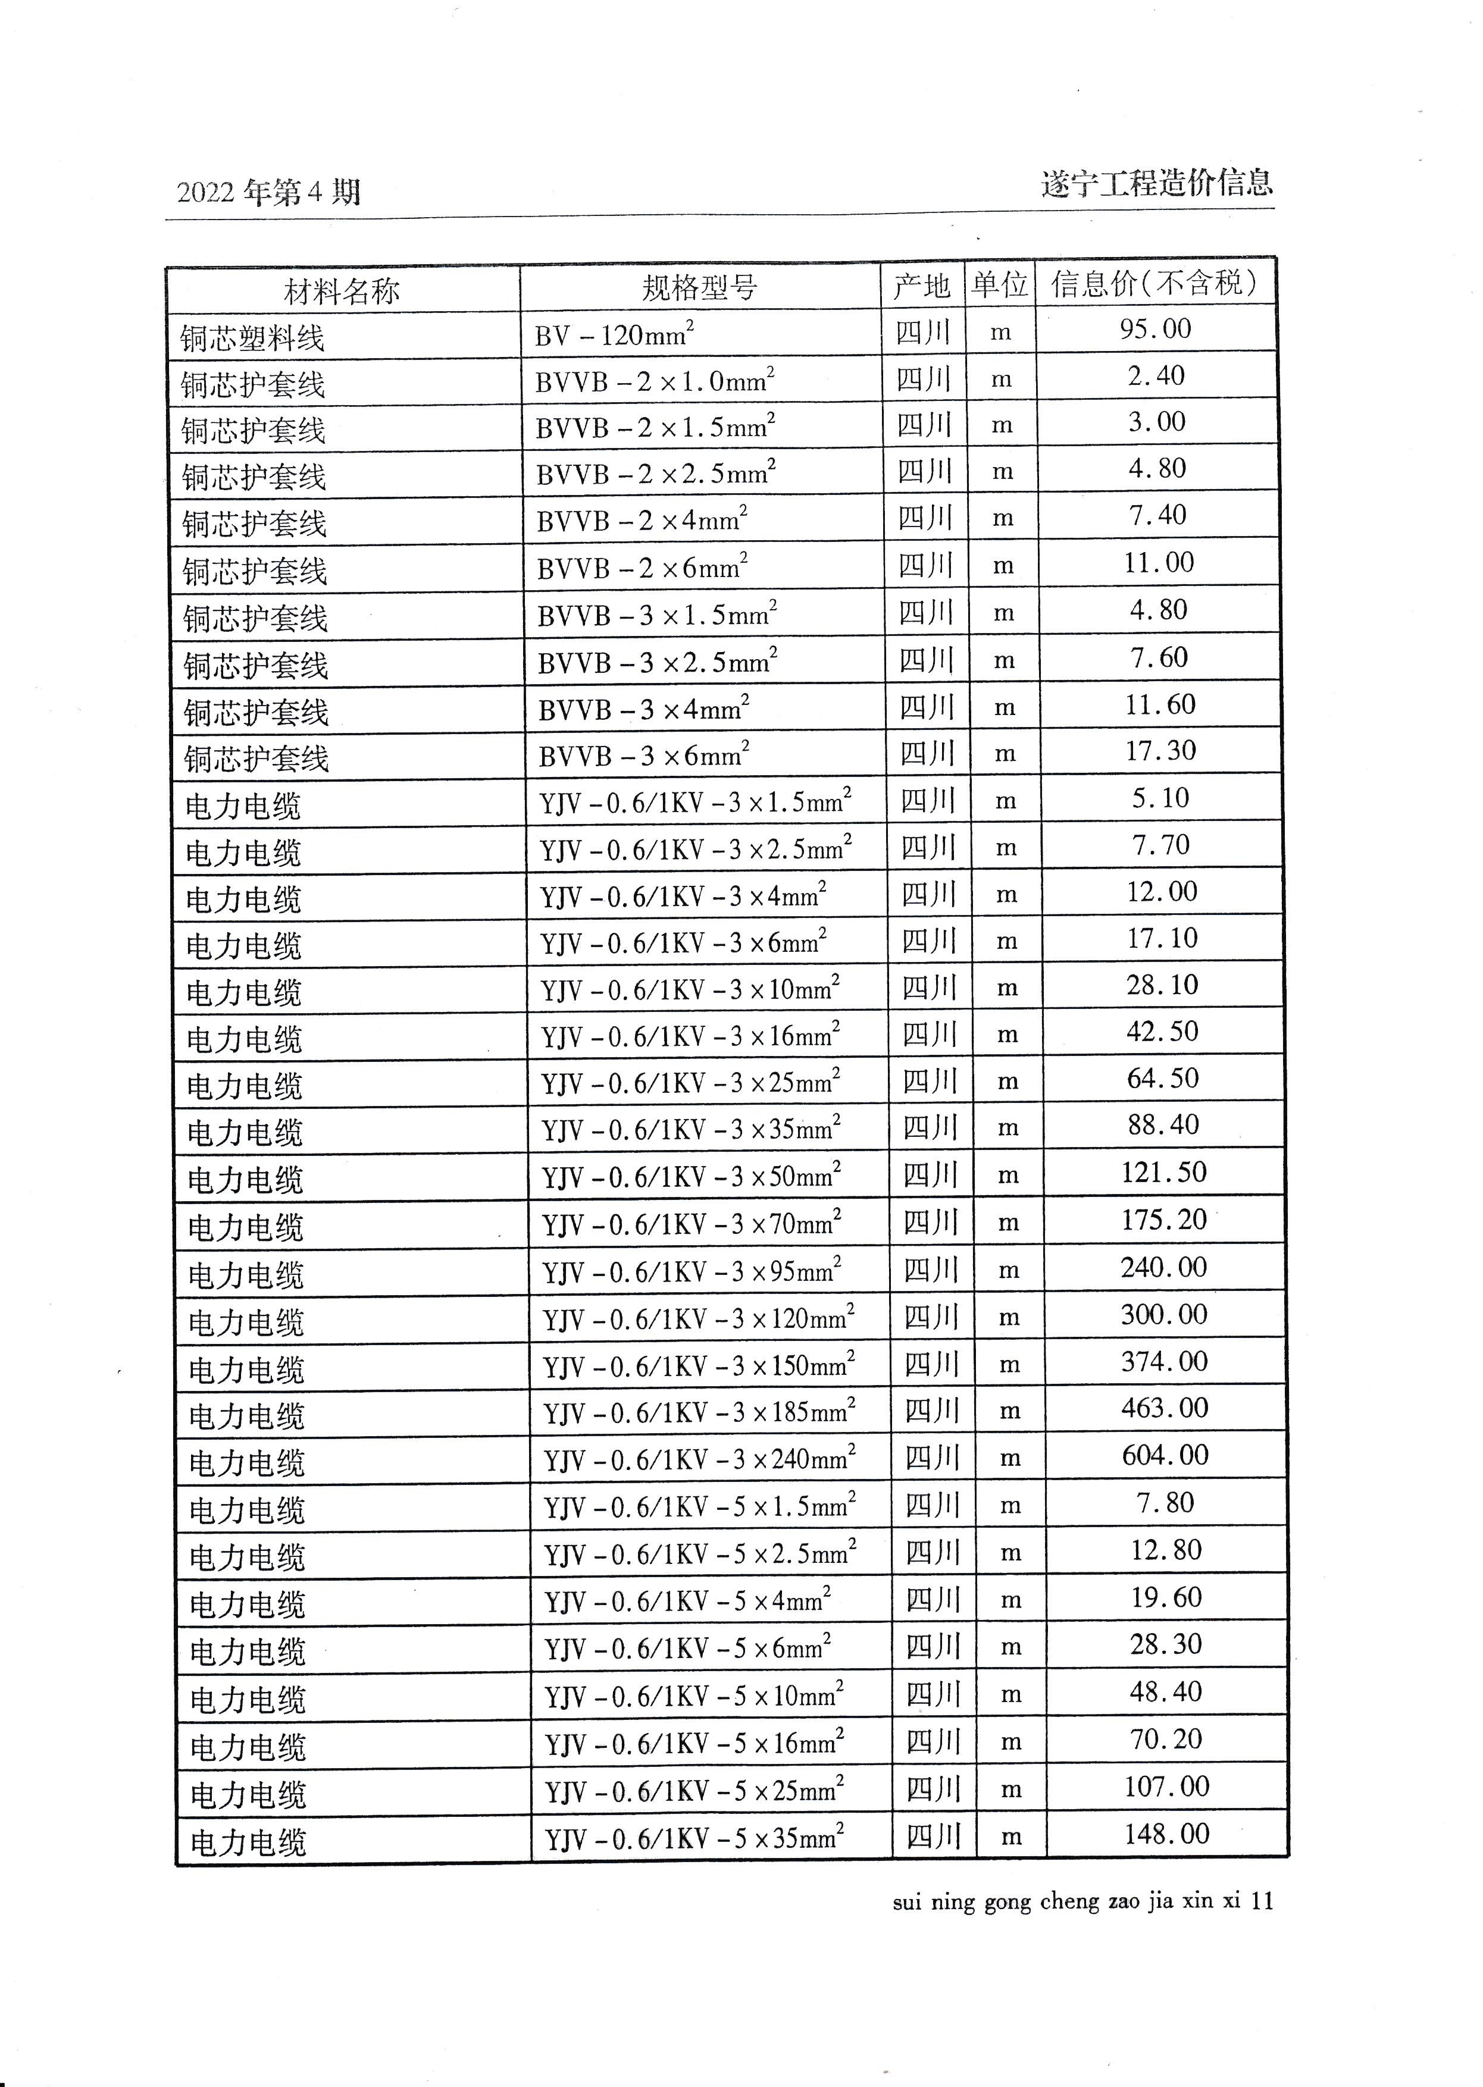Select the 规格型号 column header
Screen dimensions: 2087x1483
pos(699,287)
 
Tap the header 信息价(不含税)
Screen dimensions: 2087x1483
pos(1155,283)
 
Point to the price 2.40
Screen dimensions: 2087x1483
pos(1156,375)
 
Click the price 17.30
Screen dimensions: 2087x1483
pos(1160,750)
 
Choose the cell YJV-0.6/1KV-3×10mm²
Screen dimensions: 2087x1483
pos(690,989)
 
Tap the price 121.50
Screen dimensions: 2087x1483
pos(1163,1171)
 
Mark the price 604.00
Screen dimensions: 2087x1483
pos(1165,1455)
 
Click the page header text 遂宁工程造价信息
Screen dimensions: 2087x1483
pos(1156,183)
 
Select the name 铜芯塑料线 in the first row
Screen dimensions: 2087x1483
pos(252,339)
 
